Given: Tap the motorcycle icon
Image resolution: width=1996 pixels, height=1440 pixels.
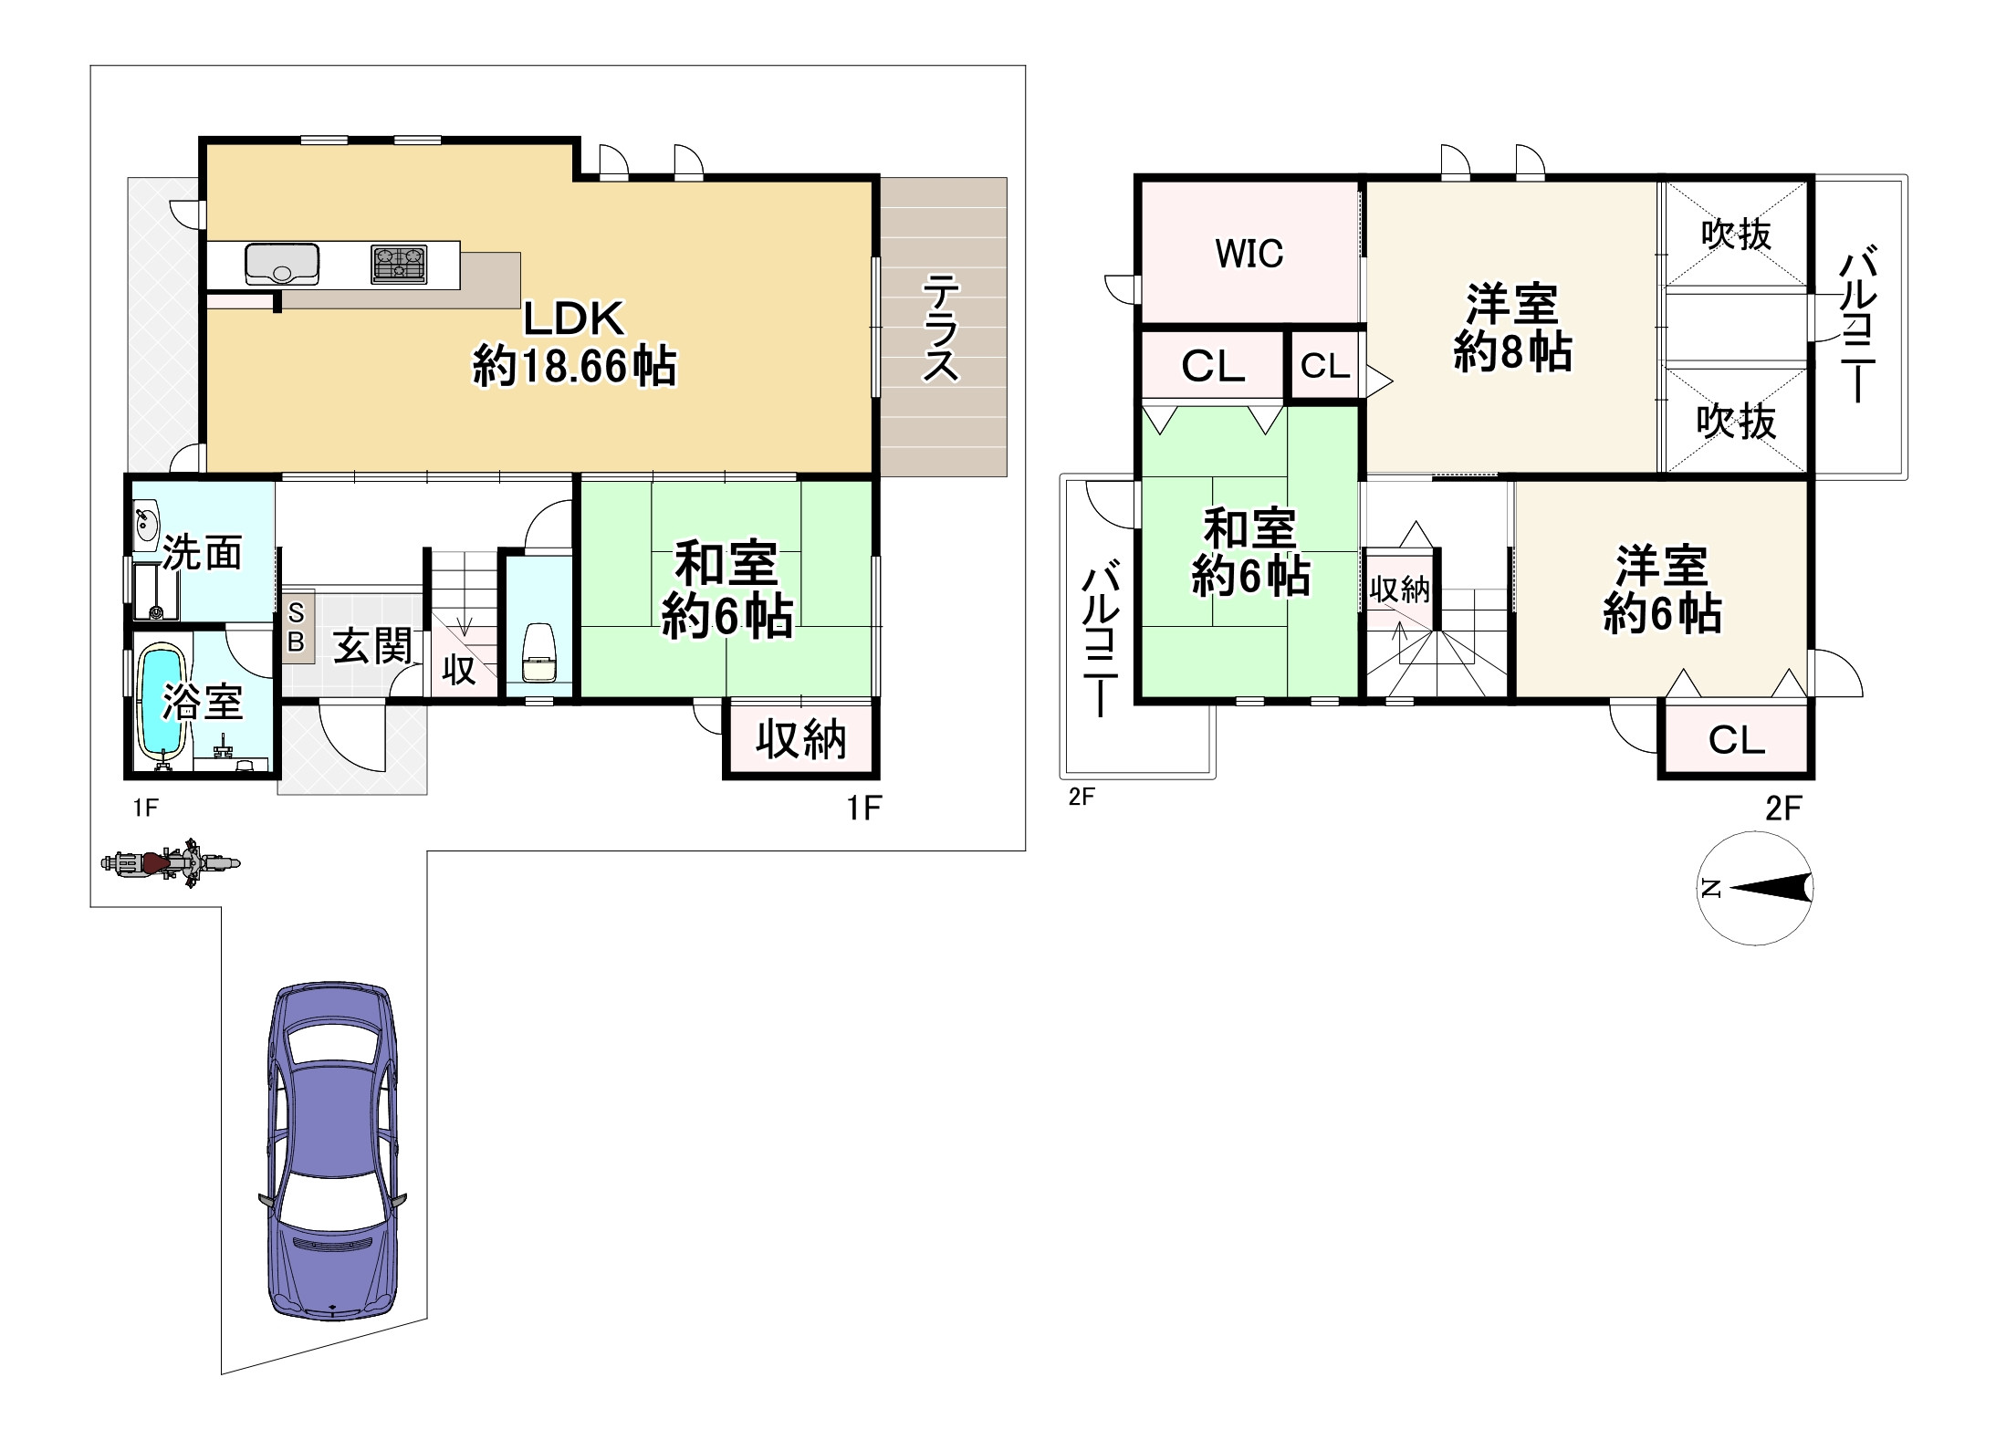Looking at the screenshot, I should pyautogui.click(x=171, y=862).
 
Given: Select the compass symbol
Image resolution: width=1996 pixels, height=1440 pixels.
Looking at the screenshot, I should pyautogui.click(x=1755, y=888).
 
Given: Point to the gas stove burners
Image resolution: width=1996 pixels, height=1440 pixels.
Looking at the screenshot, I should pyautogui.click(x=399, y=264).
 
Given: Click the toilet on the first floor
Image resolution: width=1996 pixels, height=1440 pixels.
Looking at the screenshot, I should pyautogui.click(x=538, y=654).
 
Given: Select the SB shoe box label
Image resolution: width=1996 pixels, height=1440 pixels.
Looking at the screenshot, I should pyautogui.click(x=296, y=629).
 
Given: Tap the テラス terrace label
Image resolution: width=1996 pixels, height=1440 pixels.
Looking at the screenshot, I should pyautogui.click(x=941, y=329).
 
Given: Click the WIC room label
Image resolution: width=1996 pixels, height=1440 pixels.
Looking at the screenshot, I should pyautogui.click(x=1249, y=254).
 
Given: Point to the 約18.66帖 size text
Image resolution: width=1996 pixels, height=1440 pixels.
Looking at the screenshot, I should pyautogui.click(x=574, y=367).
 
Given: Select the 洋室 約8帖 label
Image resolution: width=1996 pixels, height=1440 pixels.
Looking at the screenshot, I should pyautogui.click(x=1512, y=329).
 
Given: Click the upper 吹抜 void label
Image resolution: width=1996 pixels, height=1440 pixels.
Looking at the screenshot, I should pyautogui.click(x=1736, y=235).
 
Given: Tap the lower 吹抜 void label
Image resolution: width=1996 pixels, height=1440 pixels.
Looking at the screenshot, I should pyautogui.click(x=1736, y=423).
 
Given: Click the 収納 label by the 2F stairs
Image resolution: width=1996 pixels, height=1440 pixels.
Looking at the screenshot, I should pyautogui.click(x=1399, y=590).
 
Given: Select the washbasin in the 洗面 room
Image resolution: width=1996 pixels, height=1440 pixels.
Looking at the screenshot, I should pyautogui.click(x=145, y=525).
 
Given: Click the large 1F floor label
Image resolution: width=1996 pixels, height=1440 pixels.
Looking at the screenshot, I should pyautogui.click(x=863, y=808).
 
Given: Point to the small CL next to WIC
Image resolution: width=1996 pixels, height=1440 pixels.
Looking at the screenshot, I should pyautogui.click(x=1324, y=366).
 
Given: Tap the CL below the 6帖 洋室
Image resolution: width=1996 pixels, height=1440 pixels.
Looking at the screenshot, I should pyautogui.click(x=1736, y=740).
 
